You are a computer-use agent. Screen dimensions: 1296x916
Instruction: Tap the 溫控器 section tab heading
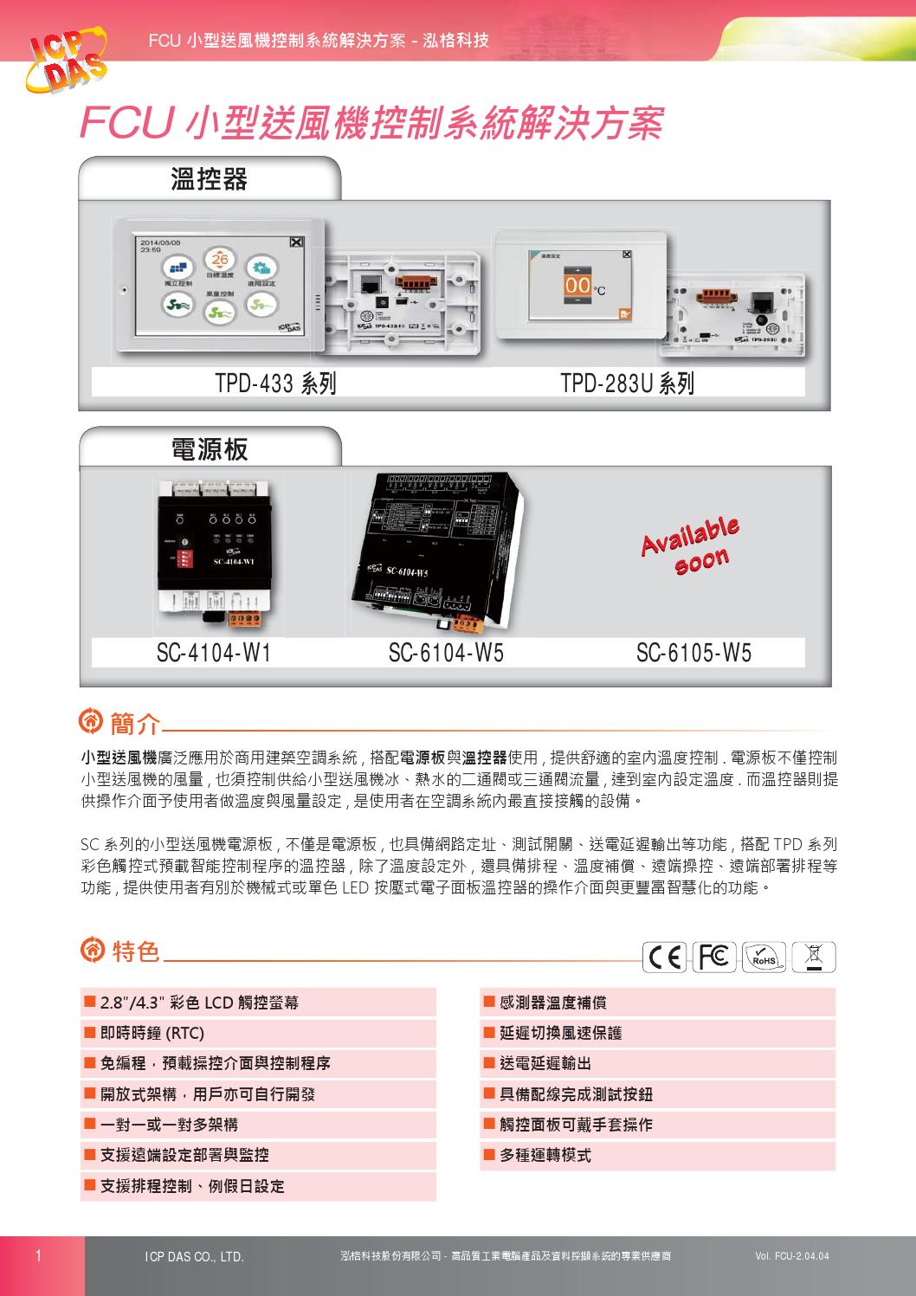click(209, 179)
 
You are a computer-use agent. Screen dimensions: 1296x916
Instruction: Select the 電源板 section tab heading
click(210, 448)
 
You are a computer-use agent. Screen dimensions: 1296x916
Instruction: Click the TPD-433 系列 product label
click(275, 383)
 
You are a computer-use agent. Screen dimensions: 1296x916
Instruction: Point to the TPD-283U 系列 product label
click(627, 383)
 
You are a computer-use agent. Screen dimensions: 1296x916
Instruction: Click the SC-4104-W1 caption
click(214, 653)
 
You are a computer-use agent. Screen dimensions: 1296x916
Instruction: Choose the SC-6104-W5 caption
click(446, 653)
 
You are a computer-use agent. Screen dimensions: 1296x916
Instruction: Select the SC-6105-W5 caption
click(693, 653)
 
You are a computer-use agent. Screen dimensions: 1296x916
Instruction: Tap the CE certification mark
click(665, 957)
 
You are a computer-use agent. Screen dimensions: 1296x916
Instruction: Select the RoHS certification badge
click(764, 957)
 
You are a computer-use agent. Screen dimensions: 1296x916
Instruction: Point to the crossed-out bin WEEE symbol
click(813, 957)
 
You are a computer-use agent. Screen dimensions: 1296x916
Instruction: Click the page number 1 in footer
click(38, 1255)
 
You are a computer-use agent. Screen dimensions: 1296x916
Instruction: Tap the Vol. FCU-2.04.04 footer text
click(791, 1256)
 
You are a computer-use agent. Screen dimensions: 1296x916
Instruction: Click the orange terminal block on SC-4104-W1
click(247, 618)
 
